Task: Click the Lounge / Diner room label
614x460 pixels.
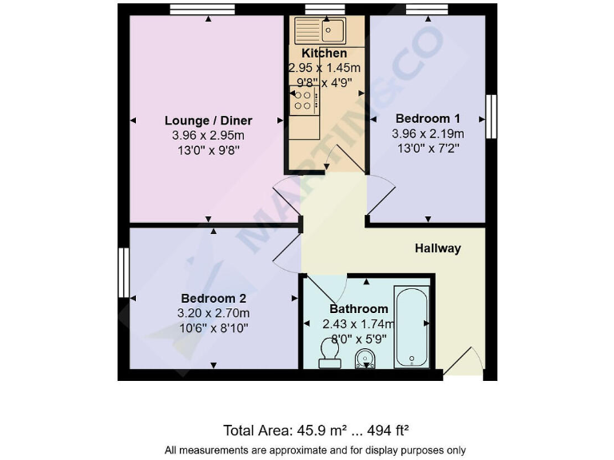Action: pyautogui.click(x=208, y=121)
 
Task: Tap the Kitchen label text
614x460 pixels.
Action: pyautogui.click(x=324, y=53)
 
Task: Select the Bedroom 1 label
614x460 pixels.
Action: pyautogui.click(x=428, y=118)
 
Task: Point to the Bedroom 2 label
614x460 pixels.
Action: pyautogui.click(x=213, y=298)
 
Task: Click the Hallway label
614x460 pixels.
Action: pyautogui.click(x=437, y=248)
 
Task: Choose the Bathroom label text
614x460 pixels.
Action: pyautogui.click(x=359, y=308)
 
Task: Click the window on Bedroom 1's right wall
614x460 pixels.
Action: pyautogui.click(x=492, y=117)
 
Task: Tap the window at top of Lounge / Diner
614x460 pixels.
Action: pyautogui.click(x=202, y=9)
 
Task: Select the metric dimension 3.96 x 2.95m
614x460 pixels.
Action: pyautogui.click(x=208, y=135)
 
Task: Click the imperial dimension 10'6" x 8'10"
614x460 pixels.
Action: pyautogui.click(x=213, y=327)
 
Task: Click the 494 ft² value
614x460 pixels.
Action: pyautogui.click(x=388, y=431)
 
